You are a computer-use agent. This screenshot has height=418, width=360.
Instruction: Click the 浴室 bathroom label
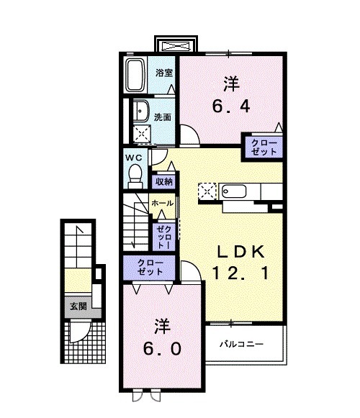tap(164, 73)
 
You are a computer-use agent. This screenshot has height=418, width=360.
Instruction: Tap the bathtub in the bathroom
tap(135, 75)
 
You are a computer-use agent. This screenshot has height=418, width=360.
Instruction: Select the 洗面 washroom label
tap(163, 117)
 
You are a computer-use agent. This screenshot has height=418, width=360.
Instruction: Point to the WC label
tap(134, 158)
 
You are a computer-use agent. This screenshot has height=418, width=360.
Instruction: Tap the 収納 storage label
tap(164, 182)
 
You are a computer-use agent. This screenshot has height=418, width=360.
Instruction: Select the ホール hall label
tap(162, 204)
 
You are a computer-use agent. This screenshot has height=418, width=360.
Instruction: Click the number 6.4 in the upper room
tap(231, 106)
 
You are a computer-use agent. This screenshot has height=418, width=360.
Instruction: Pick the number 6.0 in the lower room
tap(162, 349)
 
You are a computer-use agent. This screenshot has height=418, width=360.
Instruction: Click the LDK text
tap(240, 252)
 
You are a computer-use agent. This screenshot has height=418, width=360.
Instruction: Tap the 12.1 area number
tap(240, 273)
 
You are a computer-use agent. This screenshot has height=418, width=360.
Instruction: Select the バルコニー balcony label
tap(241, 344)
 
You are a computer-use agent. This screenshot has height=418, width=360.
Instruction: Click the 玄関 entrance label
tap(78, 306)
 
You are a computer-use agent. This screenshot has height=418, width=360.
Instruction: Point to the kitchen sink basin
tap(234, 191)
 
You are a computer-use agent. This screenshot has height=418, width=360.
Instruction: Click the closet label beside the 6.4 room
tap(264, 147)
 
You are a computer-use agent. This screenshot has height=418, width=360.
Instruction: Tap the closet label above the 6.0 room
tap(150, 268)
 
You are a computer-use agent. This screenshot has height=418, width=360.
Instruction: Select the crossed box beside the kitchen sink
tap(207, 191)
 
